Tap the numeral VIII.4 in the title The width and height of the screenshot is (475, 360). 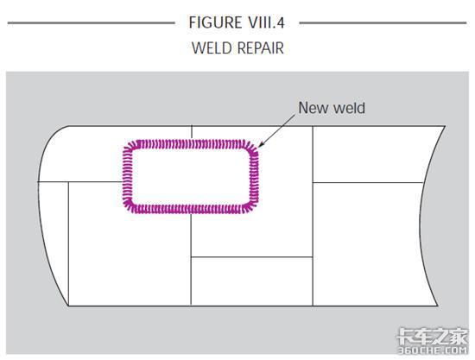click(x=266, y=22)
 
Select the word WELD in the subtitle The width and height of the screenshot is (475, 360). click(x=212, y=47)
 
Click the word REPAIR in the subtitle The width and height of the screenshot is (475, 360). click(x=261, y=47)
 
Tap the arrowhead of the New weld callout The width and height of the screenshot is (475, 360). click(x=260, y=145)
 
